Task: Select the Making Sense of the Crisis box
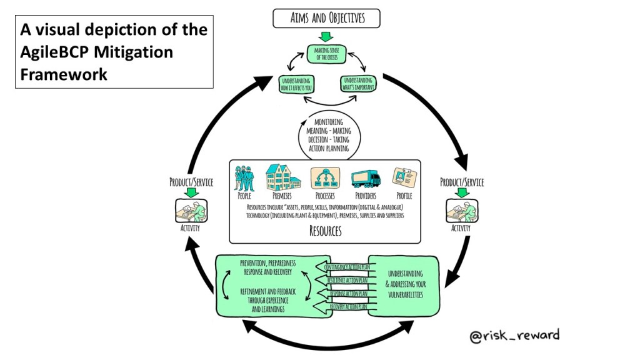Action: click(x=326, y=52)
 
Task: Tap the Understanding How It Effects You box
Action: click(x=296, y=84)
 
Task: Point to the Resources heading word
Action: click(x=326, y=231)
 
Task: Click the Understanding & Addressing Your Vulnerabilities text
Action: click(x=405, y=282)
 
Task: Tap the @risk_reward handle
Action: click(x=514, y=336)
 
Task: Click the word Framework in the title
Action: click(x=64, y=74)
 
